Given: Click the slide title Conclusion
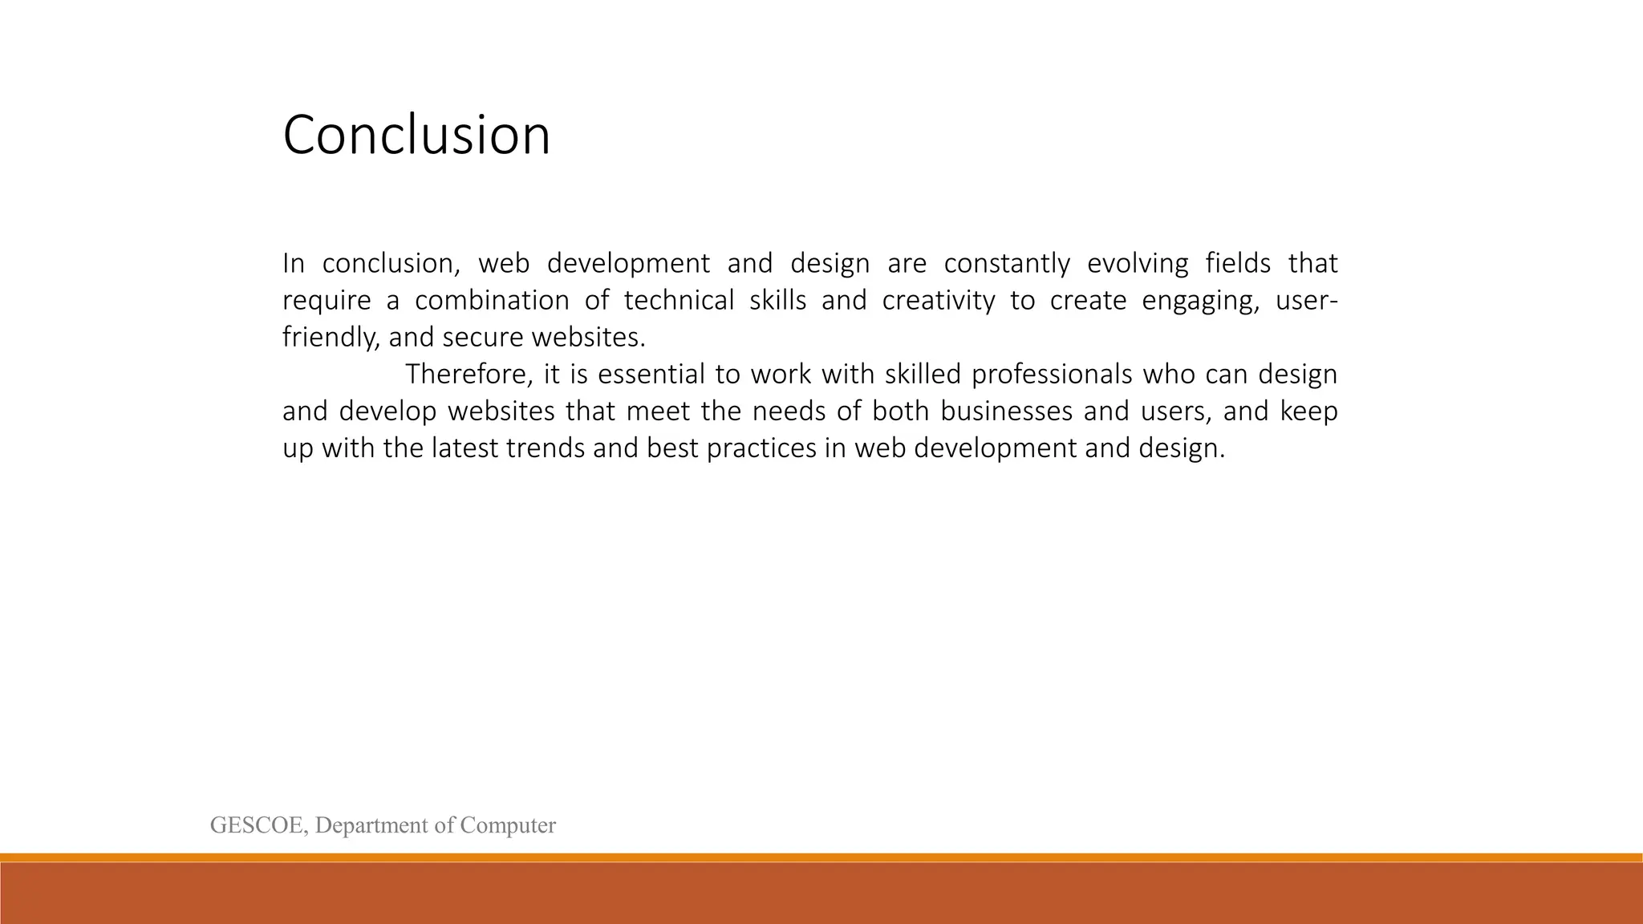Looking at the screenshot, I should (x=416, y=135).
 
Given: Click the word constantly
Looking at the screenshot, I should (x=1006, y=264).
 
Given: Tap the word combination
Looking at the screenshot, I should (x=491, y=301).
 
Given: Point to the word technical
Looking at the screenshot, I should (x=679, y=301).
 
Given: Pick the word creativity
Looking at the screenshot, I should (x=938, y=301).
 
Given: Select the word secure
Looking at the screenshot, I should (x=481, y=338).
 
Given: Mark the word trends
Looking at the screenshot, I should (x=546, y=448).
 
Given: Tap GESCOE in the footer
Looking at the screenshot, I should (x=258, y=825).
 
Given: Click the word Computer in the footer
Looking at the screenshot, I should (x=508, y=825).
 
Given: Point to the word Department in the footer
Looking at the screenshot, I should (x=371, y=825).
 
